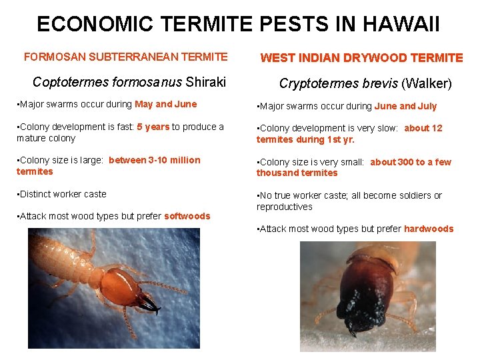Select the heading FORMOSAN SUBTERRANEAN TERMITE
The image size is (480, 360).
pyautogui.click(x=125, y=57)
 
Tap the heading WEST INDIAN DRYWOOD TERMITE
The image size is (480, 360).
pyautogui.click(x=361, y=58)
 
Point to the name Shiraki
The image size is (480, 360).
pyautogui.click(x=206, y=83)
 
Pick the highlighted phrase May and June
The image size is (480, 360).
pyautogui.click(x=165, y=104)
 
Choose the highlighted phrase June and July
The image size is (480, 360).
pyautogui.click(x=405, y=106)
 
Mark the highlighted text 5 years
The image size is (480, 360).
pyautogui.click(x=153, y=127)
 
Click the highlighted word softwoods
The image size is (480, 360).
pyautogui.click(x=187, y=216)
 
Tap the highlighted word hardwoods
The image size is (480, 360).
pyautogui.click(x=429, y=229)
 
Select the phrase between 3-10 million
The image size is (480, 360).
pyautogui.click(x=154, y=160)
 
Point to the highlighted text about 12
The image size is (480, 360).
pyautogui.click(x=423, y=128)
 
